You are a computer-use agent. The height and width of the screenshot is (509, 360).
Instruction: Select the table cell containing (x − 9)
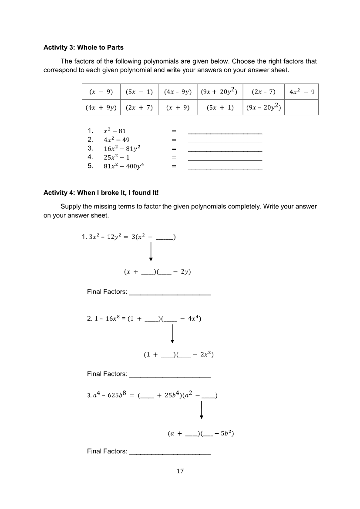click(101, 92)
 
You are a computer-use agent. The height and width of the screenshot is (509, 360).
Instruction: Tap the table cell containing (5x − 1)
click(139, 92)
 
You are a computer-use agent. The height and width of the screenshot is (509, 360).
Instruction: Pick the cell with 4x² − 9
click(302, 92)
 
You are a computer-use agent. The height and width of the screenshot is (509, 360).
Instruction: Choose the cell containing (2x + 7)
click(139, 107)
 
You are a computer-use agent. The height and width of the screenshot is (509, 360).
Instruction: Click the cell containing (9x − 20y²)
click(263, 107)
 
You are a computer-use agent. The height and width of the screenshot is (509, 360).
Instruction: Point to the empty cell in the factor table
click(302, 107)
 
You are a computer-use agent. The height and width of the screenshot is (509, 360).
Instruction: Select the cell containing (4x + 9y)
click(101, 107)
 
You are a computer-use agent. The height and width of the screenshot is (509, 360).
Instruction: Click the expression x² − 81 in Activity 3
click(114, 131)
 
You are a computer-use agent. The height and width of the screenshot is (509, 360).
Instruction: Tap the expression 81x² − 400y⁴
click(124, 166)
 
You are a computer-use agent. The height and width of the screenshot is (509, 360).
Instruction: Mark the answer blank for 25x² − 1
click(225, 159)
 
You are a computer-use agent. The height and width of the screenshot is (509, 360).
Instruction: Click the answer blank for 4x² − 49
click(225, 142)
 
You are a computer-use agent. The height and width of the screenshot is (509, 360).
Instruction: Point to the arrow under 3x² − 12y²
click(151, 251)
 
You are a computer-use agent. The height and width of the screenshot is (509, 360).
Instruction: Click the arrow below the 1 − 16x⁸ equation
click(172, 334)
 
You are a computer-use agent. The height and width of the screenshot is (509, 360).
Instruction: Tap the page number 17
click(180, 471)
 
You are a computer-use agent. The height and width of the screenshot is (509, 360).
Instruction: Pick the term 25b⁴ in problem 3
click(169, 395)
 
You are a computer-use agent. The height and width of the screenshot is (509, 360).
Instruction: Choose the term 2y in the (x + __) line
click(184, 272)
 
